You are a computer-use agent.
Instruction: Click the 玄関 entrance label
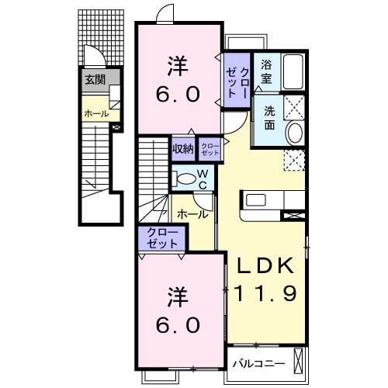[x=95, y=80]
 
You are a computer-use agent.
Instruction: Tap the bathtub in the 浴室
[x=293, y=71]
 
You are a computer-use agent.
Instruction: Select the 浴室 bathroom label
[x=266, y=71]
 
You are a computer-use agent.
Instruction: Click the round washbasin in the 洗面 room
[x=294, y=133]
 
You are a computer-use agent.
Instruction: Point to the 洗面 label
[x=269, y=118]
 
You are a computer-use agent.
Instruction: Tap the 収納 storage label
[x=183, y=148]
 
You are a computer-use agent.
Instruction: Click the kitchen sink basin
[x=255, y=201]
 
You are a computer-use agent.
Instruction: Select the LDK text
[x=265, y=265]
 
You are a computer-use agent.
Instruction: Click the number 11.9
[x=265, y=294]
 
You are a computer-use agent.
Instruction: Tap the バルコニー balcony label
[x=258, y=364]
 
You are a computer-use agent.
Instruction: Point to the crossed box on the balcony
[x=298, y=361]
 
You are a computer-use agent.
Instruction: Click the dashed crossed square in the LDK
[x=294, y=161]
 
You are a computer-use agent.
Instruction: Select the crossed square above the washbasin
[x=294, y=107]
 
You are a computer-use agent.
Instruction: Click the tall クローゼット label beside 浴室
[x=237, y=82]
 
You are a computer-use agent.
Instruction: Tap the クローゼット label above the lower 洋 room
[x=162, y=238]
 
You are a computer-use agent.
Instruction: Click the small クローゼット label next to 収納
[x=210, y=149]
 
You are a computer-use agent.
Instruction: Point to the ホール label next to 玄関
[x=96, y=113]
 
